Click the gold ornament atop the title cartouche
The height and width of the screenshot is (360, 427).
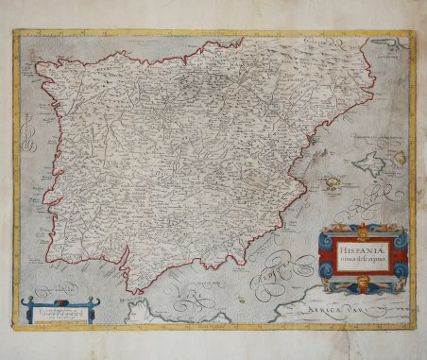363,230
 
